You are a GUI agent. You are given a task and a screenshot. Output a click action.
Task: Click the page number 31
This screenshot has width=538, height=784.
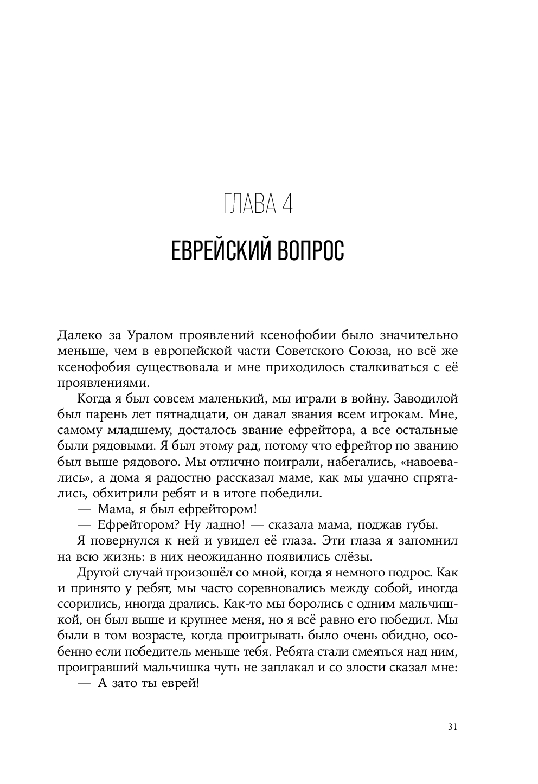(x=453, y=727)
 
